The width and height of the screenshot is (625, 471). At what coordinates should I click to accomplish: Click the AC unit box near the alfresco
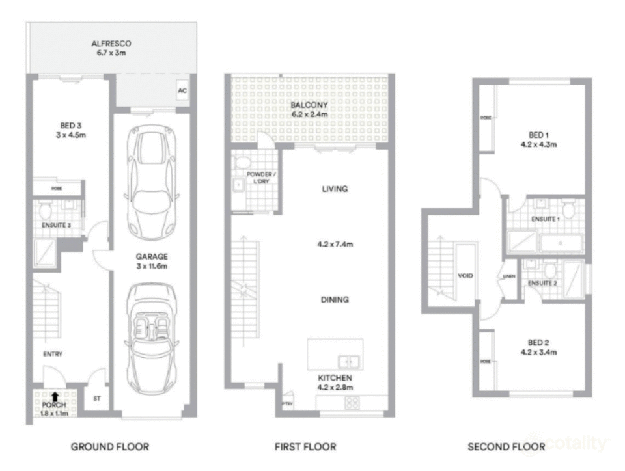pyautogui.click(x=182, y=92)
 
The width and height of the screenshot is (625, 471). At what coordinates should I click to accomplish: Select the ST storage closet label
pyautogui.click(x=97, y=398)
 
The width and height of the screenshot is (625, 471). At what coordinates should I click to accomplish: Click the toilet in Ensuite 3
pyautogui.click(x=45, y=210)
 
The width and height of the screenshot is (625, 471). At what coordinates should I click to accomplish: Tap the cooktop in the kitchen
pyautogui.click(x=353, y=403)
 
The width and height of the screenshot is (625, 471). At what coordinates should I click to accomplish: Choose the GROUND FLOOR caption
pyautogui.click(x=110, y=446)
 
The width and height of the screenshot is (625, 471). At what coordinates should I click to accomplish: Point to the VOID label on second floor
pyautogui.click(x=465, y=276)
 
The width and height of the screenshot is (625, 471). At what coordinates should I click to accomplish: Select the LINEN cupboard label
pyautogui.click(x=508, y=276)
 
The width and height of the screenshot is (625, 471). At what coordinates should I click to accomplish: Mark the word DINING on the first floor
pyautogui.click(x=335, y=300)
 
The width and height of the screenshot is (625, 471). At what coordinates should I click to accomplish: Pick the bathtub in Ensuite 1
pyautogui.click(x=562, y=242)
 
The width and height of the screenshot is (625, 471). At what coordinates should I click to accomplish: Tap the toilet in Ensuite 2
pyautogui.click(x=549, y=269)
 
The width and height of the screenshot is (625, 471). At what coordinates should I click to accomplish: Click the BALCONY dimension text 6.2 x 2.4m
pyautogui.click(x=309, y=114)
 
